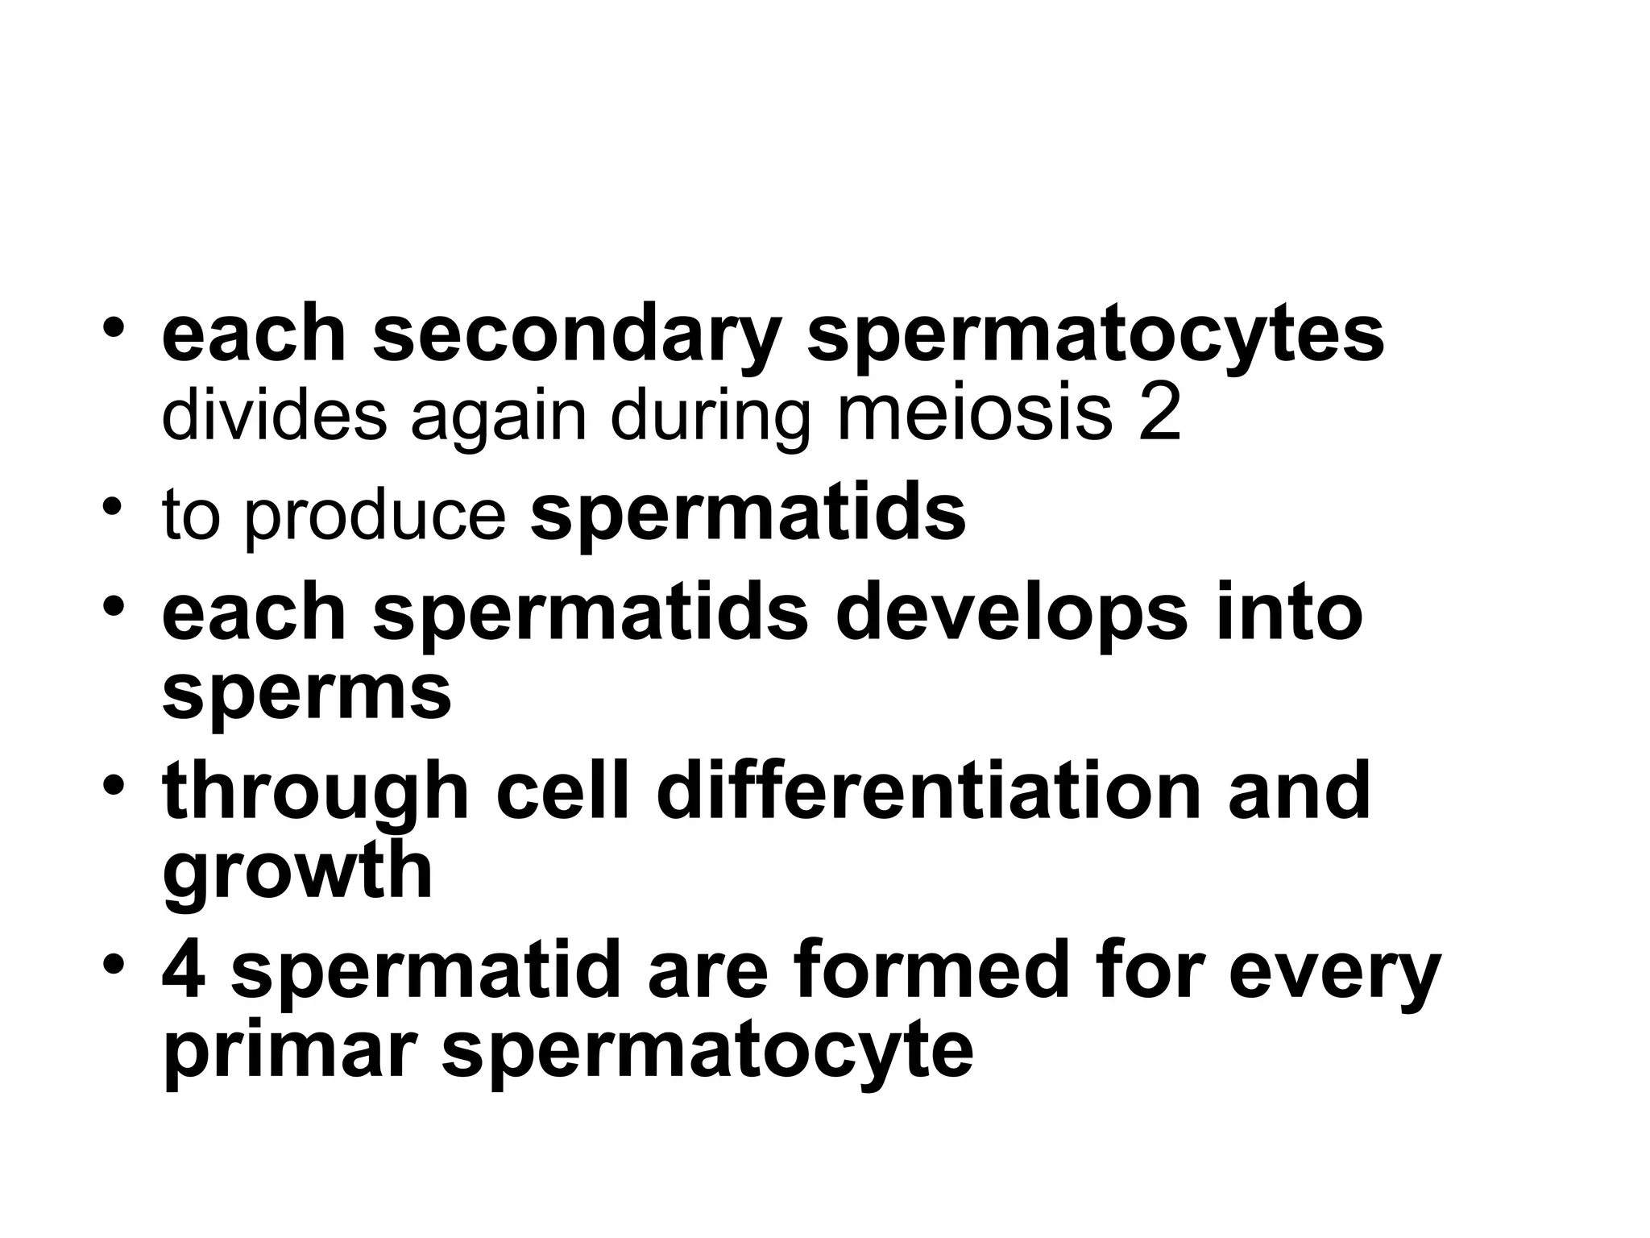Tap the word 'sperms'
[306, 693]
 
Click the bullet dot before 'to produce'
[114, 508]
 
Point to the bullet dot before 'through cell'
[114, 783]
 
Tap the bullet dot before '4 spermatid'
[114, 964]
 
